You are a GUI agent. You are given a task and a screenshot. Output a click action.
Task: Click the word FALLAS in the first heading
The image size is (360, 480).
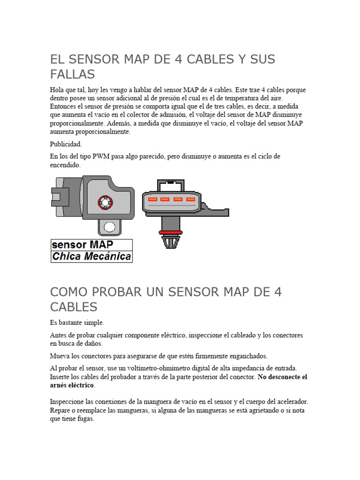72,75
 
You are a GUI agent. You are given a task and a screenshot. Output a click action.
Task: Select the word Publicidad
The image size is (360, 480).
66,144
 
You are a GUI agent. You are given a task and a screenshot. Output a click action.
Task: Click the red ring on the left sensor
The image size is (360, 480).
105,202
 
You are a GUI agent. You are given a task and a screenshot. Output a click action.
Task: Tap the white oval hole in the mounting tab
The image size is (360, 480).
110,227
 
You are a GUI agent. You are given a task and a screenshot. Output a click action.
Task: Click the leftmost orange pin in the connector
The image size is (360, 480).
152,199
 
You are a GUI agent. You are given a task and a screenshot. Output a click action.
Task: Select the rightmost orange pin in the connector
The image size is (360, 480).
191,199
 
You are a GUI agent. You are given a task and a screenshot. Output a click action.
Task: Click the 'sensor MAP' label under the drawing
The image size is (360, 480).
82,245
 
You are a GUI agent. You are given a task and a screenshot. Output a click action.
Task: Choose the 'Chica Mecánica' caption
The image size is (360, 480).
91,256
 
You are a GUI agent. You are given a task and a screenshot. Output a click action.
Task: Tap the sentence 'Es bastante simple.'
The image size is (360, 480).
77,323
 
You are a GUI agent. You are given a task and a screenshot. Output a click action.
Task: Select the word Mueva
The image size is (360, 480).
60,356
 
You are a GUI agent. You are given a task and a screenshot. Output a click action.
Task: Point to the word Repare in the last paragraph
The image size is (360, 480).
60,411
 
